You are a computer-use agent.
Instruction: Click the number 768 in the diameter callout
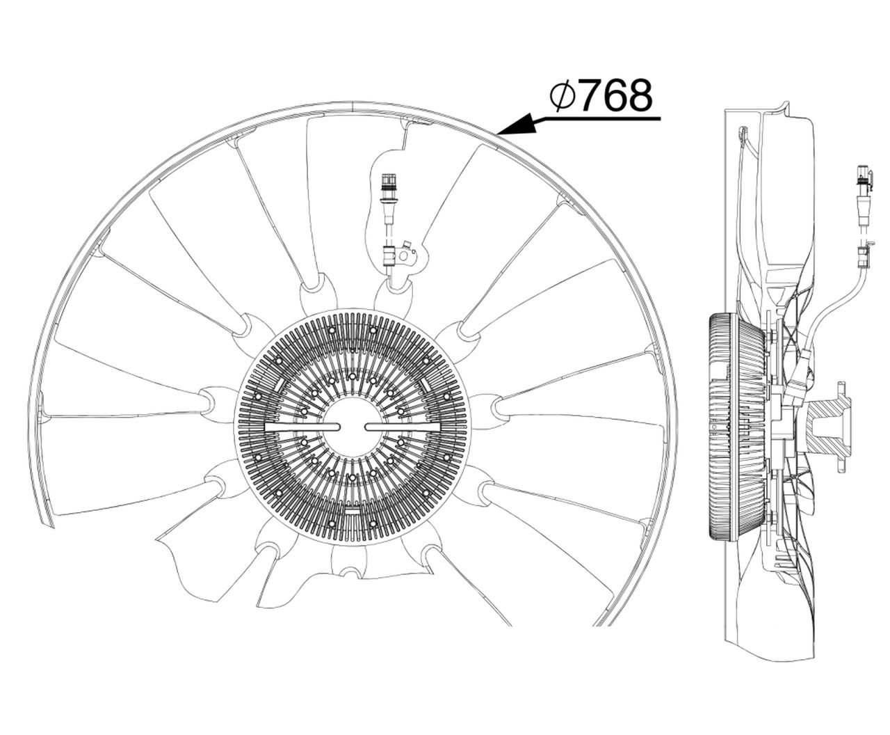click(x=617, y=95)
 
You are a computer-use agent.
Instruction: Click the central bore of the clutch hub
click(x=353, y=427)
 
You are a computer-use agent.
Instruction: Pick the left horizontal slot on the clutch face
click(x=302, y=427)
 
